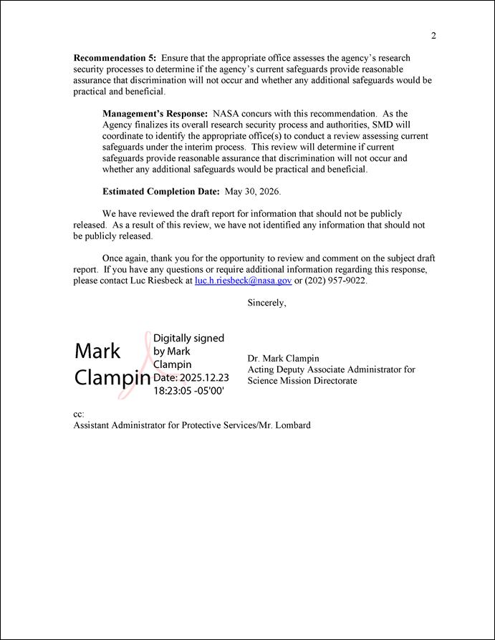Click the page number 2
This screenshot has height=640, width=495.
pyautogui.click(x=433, y=36)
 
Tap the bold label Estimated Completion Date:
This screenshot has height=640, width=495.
pyautogui.click(x=161, y=192)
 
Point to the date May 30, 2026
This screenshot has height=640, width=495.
pyautogui.click(x=252, y=192)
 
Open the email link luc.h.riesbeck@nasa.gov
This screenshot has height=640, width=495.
pyautogui.click(x=243, y=281)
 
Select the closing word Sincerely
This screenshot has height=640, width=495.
pyautogui.click(x=266, y=303)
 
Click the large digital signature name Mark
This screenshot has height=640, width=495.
pyautogui.click(x=97, y=351)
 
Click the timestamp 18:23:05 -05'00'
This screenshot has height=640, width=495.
pyautogui.click(x=188, y=392)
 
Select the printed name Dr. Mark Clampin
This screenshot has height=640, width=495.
pyautogui.click(x=283, y=358)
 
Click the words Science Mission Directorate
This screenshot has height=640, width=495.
pyautogui.click(x=302, y=381)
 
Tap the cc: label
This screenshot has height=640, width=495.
pyautogui.click(x=79, y=414)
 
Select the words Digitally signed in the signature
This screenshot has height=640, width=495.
pyautogui.click(x=188, y=338)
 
